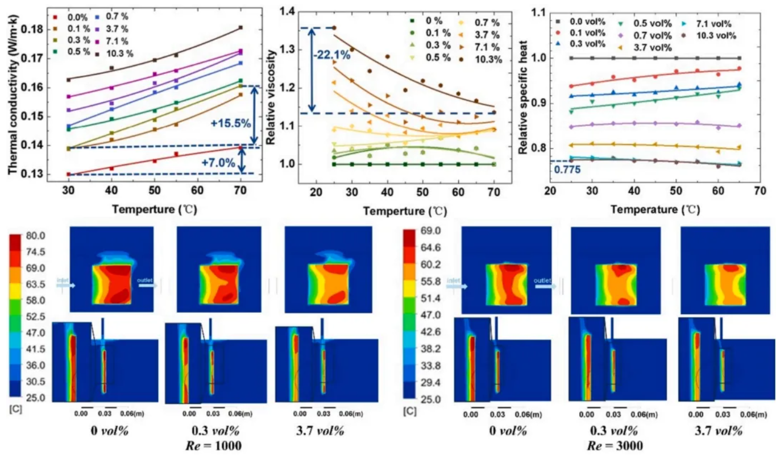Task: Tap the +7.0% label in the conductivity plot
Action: [x=218, y=162]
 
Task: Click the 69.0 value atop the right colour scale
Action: [x=430, y=231]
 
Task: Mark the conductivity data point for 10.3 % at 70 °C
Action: [x=240, y=27]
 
